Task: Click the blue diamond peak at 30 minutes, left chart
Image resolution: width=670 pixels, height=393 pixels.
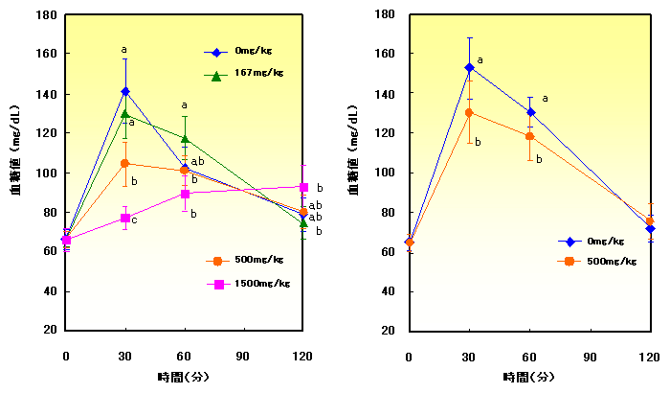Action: point(125,92)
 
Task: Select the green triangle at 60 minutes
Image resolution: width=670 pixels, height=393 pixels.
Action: point(185,139)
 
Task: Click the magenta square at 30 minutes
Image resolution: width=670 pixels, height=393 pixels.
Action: point(125,218)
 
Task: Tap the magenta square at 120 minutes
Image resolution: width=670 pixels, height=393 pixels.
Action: point(303,187)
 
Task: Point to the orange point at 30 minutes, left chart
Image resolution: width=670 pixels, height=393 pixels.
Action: point(125,163)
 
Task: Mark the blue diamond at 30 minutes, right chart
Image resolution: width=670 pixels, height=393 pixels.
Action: point(469,68)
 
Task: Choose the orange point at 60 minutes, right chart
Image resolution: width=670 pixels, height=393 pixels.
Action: point(529,136)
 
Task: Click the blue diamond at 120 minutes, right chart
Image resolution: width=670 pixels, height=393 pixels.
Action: point(650,229)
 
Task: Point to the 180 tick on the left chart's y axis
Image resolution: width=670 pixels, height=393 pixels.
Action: point(46,16)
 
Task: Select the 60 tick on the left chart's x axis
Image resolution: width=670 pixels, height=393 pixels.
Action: point(185,357)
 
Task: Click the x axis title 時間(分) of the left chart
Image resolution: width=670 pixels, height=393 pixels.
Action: point(185,376)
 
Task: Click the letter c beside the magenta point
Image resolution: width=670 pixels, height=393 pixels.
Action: point(134,221)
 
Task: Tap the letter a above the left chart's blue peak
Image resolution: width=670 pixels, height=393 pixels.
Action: point(123,50)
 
